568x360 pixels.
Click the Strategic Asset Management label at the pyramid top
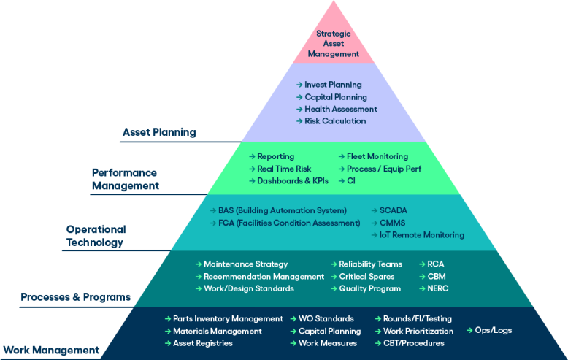coord(333,44)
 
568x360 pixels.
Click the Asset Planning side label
coord(158,133)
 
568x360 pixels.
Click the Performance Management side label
coord(124,179)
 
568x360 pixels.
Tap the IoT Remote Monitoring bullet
coord(421,235)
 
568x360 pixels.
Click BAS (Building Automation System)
coord(282,210)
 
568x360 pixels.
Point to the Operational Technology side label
coord(96,235)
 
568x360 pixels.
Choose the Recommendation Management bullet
coord(264,277)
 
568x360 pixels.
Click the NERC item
coord(438,288)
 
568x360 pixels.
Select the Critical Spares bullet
coord(366,277)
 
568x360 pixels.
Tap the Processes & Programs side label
coord(76,297)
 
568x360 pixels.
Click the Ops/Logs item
coord(493,330)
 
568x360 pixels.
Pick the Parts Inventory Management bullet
coord(228,318)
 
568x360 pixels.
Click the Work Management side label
coord(51,350)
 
